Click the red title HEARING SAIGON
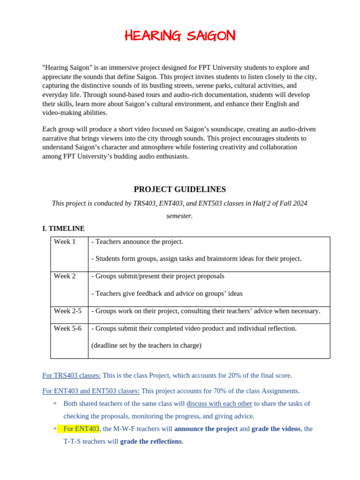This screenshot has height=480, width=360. point(180,36)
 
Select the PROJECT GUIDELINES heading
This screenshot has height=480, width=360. point(180,189)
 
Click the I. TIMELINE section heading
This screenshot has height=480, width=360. point(63,228)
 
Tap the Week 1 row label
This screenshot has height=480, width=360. point(65,242)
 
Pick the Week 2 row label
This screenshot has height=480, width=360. point(65,276)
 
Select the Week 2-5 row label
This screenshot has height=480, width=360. point(67,311)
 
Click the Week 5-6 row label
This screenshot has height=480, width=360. point(67,328)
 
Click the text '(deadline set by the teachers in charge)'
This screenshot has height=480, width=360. point(146,345)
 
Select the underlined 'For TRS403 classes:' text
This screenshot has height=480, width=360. point(71,375)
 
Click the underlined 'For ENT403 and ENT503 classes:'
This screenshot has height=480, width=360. point(90,391)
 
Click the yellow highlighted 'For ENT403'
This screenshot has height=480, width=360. point(81,429)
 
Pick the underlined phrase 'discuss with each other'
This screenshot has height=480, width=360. point(219,404)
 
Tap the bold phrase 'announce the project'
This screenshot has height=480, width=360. point(206,429)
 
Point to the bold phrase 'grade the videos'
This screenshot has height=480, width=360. point(276,429)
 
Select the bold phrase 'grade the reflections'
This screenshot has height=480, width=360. point(150,442)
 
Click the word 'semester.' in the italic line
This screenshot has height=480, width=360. point(180,216)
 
